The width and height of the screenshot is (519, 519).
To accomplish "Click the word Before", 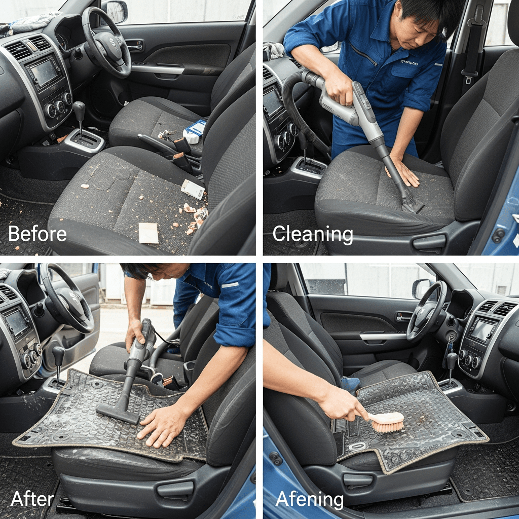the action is click(38, 234).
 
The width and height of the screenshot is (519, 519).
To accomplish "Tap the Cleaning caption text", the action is click(313, 234).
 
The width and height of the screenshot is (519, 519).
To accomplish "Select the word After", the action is click(32, 499).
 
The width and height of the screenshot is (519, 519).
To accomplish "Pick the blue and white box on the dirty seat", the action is click(195, 131).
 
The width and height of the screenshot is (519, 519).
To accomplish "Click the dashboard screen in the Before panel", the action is click(44, 72).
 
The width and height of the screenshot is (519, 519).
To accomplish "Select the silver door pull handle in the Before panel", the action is click(158, 69).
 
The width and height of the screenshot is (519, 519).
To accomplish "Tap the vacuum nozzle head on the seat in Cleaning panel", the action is click(412, 204).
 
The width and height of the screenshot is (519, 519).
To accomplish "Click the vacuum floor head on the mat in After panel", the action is click(118, 414).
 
